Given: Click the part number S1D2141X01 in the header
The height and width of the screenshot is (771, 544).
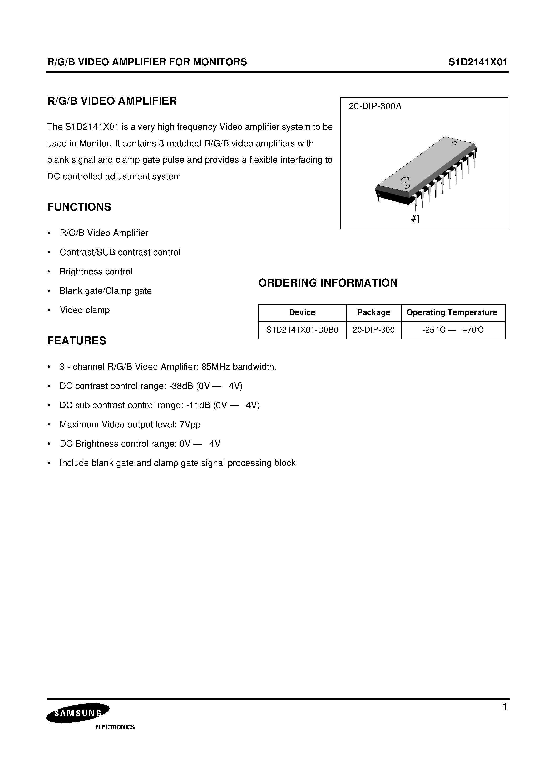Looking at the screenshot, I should pos(478,62).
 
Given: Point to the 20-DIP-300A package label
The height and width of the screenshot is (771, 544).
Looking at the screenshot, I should pos(375,107).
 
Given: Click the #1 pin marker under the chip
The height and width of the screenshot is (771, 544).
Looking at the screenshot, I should pos(415,219).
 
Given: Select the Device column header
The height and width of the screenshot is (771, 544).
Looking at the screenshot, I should pos(302,313).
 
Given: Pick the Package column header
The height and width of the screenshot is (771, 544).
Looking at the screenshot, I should pos(373,313).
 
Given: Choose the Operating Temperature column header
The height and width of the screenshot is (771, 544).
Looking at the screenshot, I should pos(452,313).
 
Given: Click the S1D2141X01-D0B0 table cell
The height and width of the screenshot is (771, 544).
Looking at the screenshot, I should pos(302,330).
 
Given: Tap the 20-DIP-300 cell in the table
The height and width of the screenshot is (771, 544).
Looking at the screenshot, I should pos(373,330).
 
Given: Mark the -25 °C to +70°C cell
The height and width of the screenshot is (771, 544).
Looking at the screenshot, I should pos(453,330).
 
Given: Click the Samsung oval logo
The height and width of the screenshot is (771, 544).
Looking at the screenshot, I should pos(78,713).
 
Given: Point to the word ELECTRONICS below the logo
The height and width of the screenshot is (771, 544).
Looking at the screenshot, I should pos(115,727).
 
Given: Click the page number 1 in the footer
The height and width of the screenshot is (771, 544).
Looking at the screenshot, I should pos(505,707).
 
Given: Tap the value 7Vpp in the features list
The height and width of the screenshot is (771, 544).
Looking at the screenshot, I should pos(190,425).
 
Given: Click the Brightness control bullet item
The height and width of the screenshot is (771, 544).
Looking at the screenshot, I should pos(96,271).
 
